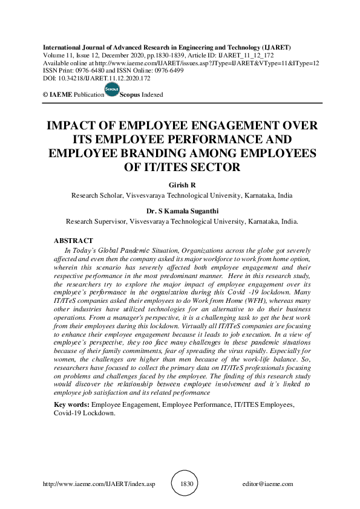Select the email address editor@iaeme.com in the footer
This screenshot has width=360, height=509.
267,484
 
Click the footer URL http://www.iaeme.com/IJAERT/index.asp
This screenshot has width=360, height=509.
95,484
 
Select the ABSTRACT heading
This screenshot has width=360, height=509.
73,240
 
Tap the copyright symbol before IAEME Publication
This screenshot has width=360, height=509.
45,95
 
